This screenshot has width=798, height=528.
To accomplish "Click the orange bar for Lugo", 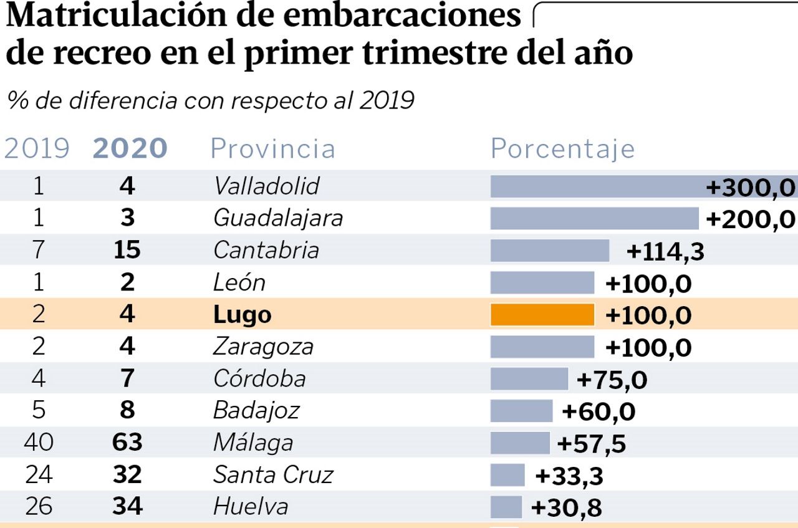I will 542,315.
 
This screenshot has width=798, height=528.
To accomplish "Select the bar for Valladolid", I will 598,186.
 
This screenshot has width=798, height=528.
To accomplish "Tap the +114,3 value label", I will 665,251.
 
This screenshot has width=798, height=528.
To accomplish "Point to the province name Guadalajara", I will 277,218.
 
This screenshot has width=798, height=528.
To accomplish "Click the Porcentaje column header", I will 562,149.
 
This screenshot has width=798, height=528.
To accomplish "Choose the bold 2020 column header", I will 130,149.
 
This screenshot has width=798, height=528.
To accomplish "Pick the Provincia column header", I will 272,149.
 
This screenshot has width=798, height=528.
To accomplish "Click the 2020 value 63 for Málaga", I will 127,443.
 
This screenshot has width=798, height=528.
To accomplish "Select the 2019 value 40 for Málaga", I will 39,443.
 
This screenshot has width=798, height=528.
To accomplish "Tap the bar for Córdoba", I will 529,379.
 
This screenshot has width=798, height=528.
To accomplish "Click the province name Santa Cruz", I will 273,475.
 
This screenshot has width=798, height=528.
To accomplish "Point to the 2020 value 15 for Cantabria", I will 127,251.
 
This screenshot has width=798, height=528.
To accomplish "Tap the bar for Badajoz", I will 521,411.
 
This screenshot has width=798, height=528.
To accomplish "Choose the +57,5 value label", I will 591,444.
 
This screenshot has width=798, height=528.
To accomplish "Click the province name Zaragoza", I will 263,347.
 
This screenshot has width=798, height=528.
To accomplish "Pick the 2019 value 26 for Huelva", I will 39,507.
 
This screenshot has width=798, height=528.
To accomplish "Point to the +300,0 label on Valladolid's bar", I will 751,187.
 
